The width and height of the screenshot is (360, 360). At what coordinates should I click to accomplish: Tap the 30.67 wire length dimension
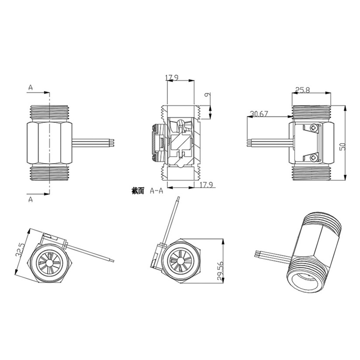coord(259,114)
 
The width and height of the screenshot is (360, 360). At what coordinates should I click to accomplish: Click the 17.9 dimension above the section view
coord(172,78)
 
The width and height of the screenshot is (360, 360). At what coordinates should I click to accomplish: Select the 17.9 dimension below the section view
coord(206,185)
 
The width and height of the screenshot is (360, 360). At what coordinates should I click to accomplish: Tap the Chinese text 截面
coord(138,191)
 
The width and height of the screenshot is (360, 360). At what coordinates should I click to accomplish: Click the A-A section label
coord(156,191)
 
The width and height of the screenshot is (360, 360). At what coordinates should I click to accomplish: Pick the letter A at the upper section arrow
coord(30,88)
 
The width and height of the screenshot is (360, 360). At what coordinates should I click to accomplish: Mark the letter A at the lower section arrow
coord(30,199)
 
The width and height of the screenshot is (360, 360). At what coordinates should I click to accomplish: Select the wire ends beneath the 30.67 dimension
coord(249,142)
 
